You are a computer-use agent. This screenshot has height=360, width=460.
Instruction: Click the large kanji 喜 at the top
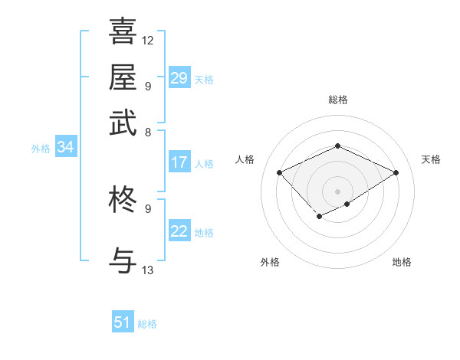(x=123, y=31)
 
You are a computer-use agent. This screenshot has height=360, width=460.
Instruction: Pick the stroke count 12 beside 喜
(x=148, y=40)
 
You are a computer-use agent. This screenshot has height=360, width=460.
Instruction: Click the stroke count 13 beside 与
(x=148, y=270)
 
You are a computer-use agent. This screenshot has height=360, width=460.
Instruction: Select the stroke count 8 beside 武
(x=148, y=132)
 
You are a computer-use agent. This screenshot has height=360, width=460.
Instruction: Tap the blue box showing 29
(x=179, y=78)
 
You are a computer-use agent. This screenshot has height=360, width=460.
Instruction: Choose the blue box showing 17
(x=179, y=162)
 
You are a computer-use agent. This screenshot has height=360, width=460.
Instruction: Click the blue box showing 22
(x=179, y=231)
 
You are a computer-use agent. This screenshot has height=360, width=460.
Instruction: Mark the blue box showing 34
(x=65, y=148)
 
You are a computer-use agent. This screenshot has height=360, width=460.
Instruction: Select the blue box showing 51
(x=123, y=322)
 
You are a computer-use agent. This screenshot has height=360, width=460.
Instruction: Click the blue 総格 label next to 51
(x=147, y=324)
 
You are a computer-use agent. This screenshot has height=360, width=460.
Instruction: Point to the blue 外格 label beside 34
(x=41, y=149)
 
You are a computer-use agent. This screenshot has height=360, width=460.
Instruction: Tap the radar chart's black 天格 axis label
(x=431, y=159)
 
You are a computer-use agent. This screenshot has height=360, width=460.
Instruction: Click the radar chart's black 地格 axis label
(x=402, y=262)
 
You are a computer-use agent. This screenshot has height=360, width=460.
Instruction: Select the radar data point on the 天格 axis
(x=396, y=172)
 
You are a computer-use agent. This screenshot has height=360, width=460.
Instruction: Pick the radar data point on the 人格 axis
(x=280, y=172)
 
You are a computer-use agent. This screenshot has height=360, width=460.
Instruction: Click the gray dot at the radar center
(x=338, y=191)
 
